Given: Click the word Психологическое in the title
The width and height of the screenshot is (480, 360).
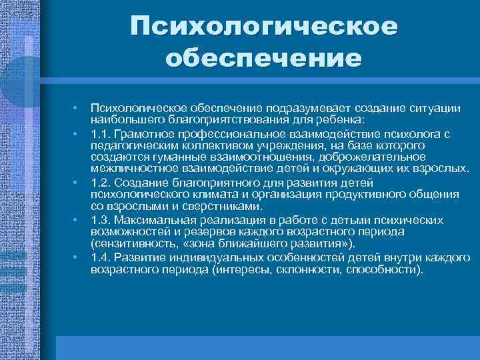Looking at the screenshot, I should point(263,27).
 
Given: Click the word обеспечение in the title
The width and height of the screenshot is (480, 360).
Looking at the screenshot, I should point(263,59).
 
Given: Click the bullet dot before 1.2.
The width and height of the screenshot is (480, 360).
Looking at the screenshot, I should point(77,182).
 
